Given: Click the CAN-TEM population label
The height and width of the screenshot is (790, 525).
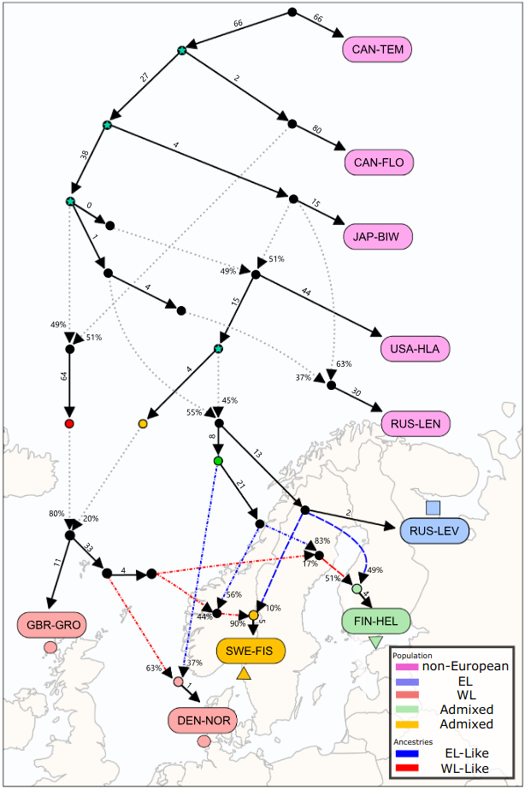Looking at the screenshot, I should pos(378,50).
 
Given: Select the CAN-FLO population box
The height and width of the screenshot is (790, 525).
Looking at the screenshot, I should pos(380,161).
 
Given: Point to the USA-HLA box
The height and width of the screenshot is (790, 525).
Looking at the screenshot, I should pos(416,349).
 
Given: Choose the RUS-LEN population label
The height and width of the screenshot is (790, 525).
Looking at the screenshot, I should pos(415,423).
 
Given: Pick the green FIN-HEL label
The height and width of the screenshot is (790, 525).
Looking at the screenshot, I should pos(376,621).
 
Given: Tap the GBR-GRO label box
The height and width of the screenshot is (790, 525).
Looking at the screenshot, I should pos(53,625).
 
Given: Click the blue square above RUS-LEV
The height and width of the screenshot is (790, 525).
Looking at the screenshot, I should pos(434,508).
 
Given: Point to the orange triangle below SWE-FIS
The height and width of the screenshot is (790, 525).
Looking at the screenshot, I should pos(244,675).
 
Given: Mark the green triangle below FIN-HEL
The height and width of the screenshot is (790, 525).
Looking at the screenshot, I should pos(376,642).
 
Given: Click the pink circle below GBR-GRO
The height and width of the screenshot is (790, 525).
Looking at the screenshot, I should pos(50,647).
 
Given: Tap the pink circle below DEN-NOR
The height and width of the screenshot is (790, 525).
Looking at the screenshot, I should pos(204,741).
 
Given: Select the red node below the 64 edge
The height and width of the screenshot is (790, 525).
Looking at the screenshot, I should pos(69,423).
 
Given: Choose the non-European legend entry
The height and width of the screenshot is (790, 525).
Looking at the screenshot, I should pos(465,666).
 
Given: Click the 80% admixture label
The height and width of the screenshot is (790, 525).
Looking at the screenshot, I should pos(57,513).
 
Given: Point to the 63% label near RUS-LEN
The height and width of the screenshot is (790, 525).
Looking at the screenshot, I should pos(344,363).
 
